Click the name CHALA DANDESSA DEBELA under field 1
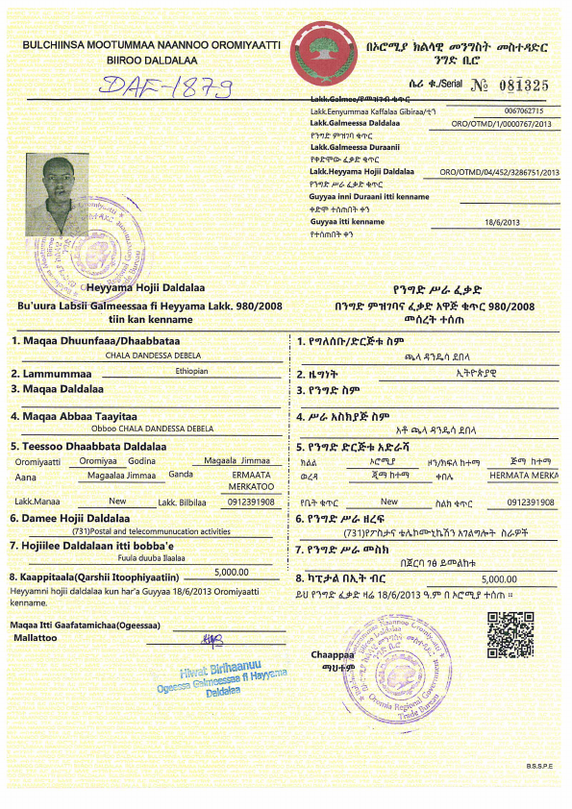pos(146,355)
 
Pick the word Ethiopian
pos(191,371)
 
